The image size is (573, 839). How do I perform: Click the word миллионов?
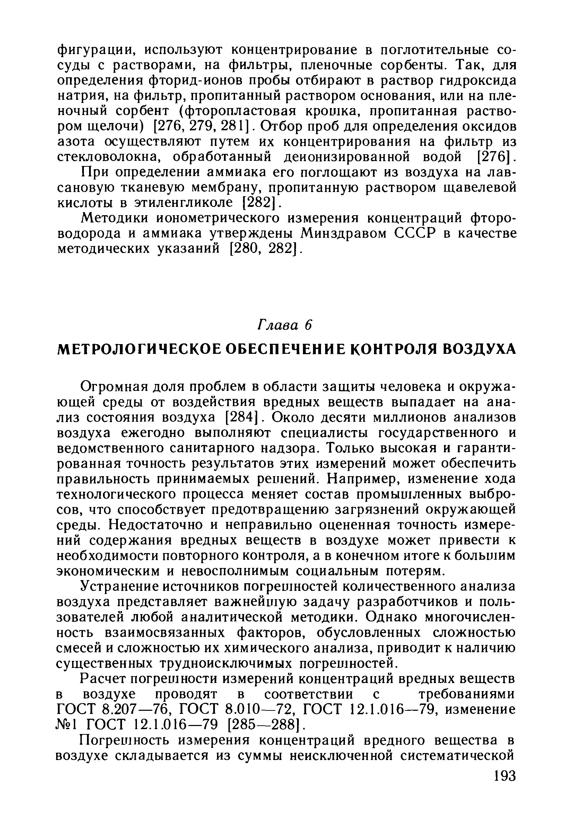[409, 417]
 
